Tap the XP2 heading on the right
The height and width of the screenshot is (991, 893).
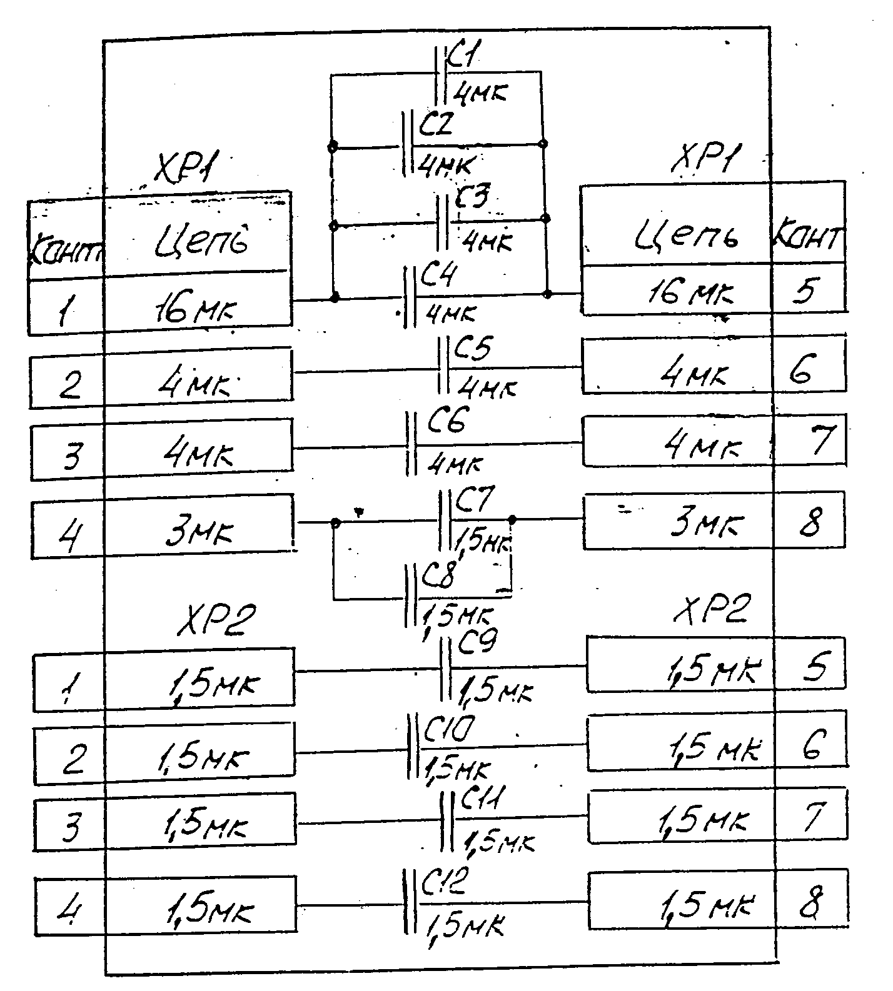point(711,609)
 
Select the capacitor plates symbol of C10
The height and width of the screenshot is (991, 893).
point(411,746)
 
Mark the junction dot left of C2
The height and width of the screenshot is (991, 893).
point(333,147)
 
